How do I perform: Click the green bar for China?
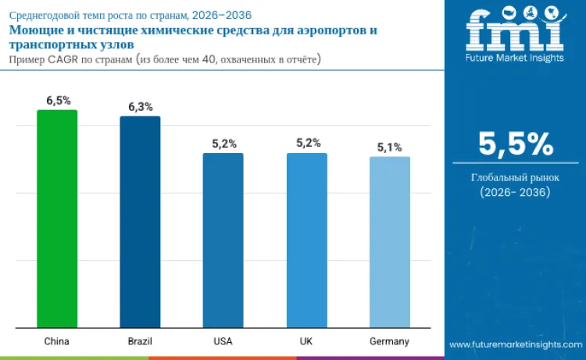[57, 219]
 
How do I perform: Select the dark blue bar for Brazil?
[140, 222]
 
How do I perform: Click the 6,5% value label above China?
[57, 100]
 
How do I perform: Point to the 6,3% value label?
[140, 106]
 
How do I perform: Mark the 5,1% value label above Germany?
[389, 147]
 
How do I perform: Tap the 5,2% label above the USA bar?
[223, 144]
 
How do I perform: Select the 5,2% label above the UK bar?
[306, 144]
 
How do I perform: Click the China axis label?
[57, 342]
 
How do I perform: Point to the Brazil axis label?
[140, 342]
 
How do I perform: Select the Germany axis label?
[389, 342]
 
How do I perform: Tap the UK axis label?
[306, 342]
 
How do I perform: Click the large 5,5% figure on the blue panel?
[515, 144]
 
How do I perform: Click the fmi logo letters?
[515, 30]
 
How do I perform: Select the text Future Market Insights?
[515, 58]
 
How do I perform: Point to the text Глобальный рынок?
[515, 177]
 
